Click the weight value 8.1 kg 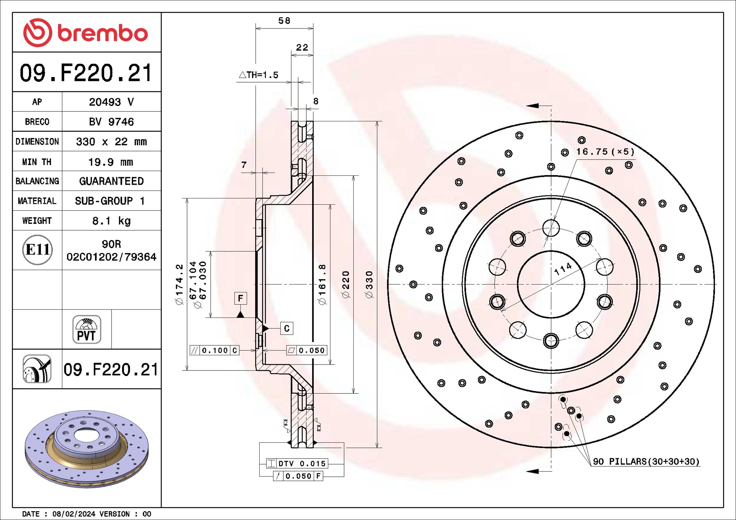point(111,221)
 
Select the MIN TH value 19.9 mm point(110,162)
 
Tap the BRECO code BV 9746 point(111,122)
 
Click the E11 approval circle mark point(37,250)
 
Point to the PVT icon point(87,329)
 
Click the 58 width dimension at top point(284,21)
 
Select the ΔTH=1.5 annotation point(259,75)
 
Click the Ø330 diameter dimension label point(369,284)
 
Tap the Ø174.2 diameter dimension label point(179,284)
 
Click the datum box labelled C point(287,328)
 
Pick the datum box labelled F point(240,298)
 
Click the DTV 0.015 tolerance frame point(297,463)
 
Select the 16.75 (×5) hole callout point(605,152)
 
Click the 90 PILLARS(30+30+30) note point(646,462)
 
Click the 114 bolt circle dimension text point(563,269)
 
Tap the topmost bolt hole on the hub point(551,228)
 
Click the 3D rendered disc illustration point(87,448)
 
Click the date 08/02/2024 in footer point(74,514)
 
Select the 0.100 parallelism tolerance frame point(214,350)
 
